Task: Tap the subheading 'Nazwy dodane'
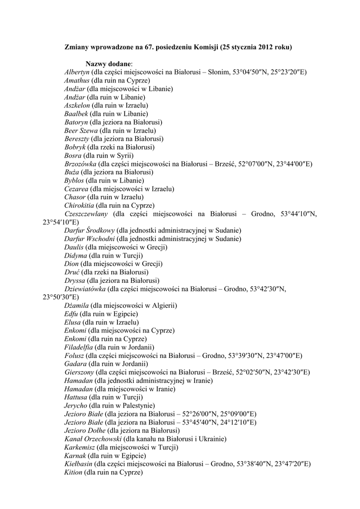coord(108,64)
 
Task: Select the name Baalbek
coord(76,114)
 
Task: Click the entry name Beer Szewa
coord(81,130)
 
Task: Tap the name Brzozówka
coord(80,164)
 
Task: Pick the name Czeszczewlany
coord(86,214)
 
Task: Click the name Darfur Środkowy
coord(90,231)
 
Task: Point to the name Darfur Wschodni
coord(90,239)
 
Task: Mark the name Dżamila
coord(77,306)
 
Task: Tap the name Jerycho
coord(76,406)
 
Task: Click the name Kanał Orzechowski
coord(93,439)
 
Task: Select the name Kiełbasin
coord(78,464)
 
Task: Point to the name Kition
coord(74,472)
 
